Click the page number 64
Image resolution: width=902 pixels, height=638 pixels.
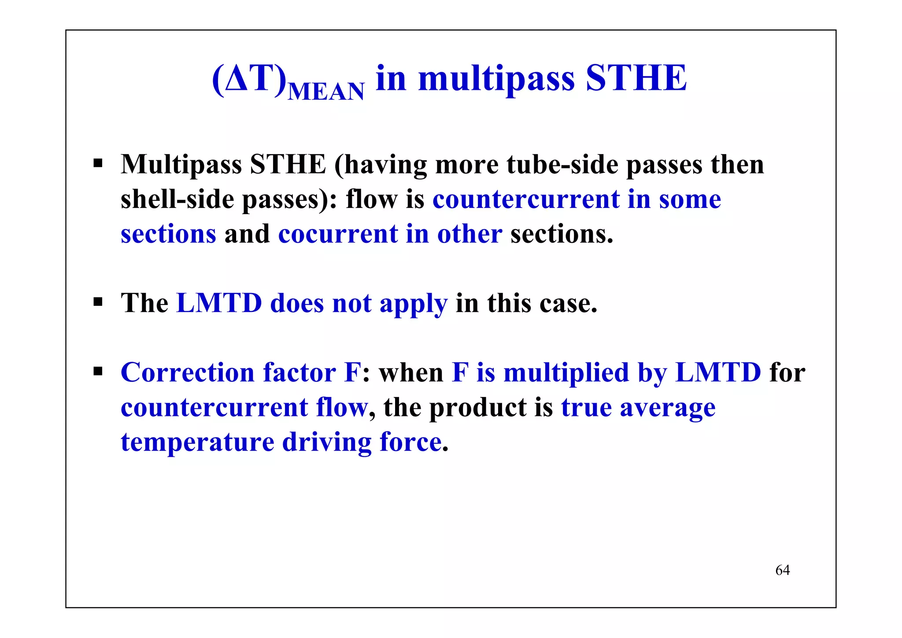click(782, 570)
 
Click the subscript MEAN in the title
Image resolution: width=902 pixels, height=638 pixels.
click(326, 91)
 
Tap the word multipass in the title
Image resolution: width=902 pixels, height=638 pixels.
click(496, 79)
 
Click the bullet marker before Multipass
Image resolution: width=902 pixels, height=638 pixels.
click(98, 164)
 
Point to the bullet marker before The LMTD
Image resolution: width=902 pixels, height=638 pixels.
click(98, 303)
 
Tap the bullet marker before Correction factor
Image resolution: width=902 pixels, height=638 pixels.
click(98, 371)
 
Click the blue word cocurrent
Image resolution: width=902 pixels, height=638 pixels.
click(337, 234)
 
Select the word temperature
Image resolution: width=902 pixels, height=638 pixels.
click(197, 442)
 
